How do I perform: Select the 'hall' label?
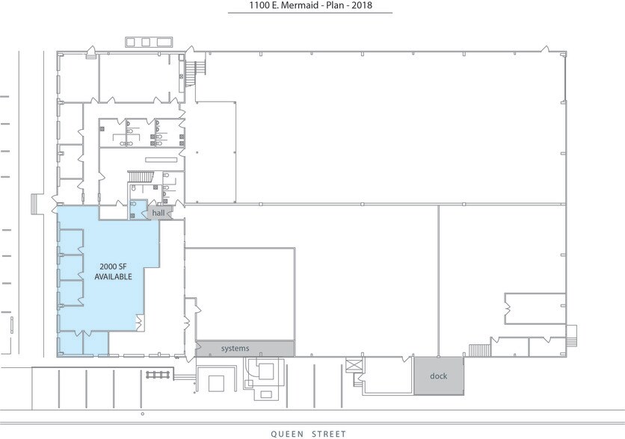coord(158,214)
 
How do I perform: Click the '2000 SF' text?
coord(113,266)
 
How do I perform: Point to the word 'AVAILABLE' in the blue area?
coord(113,276)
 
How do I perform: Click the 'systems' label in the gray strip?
coord(235,349)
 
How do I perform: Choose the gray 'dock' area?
coord(438,376)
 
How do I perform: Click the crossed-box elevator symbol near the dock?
coord(354,366)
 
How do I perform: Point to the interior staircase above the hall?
coord(141,176)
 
